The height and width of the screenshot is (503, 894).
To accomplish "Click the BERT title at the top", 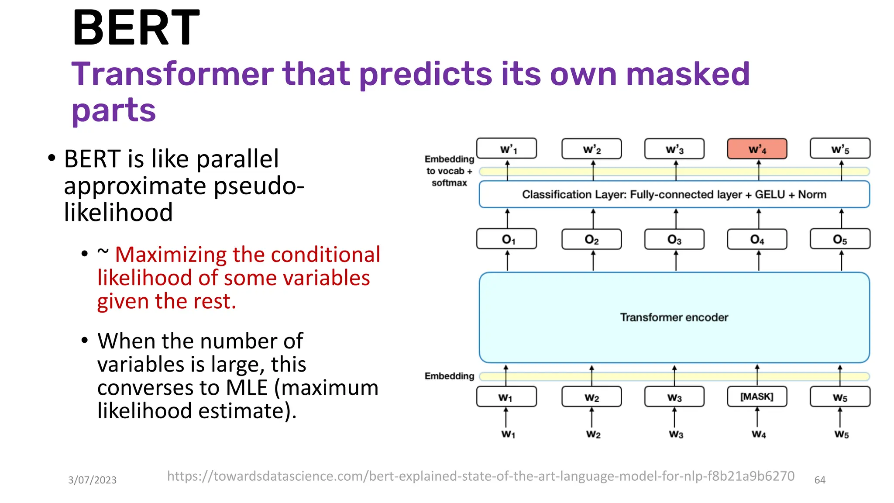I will pyautogui.click(x=136, y=28).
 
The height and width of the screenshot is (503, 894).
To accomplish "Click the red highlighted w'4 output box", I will pyautogui.click(x=757, y=149).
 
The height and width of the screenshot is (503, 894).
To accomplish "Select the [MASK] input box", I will pyautogui.click(x=757, y=396).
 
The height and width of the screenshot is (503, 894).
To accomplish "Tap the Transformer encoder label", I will pyautogui.click(x=674, y=317).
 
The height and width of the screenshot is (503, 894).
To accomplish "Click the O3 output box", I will pyautogui.click(x=674, y=239).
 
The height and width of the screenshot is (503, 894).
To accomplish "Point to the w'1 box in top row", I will pyautogui.click(x=507, y=149).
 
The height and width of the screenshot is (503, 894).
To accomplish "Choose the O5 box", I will pyautogui.click(x=839, y=239).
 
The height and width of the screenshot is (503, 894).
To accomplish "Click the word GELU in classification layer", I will pyautogui.click(x=770, y=194).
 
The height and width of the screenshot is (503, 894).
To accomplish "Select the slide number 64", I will pyautogui.click(x=820, y=480).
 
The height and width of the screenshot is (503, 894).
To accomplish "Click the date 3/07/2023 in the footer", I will pyautogui.click(x=92, y=480).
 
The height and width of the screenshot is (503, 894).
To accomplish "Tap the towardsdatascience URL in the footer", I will pyautogui.click(x=480, y=476).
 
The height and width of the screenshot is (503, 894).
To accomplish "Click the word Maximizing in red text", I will pyautogui.click(x=170, y=255).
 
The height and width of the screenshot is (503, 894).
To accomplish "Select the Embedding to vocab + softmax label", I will pyautogui.click(x=449, y=171).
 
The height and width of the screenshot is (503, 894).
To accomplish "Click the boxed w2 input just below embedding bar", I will pyautogui.click(x=591, y=397).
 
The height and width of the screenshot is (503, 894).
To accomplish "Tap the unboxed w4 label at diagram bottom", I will pyautogui.click(x=758, y=434).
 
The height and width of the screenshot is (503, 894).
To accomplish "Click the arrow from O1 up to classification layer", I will pyautogui.click(x=507, y=218).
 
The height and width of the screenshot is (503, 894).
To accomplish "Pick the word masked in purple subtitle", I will pyautogui.click(x=688, y=74).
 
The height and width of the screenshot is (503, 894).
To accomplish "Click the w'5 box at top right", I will pyautogui.click(x=839, y=149).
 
